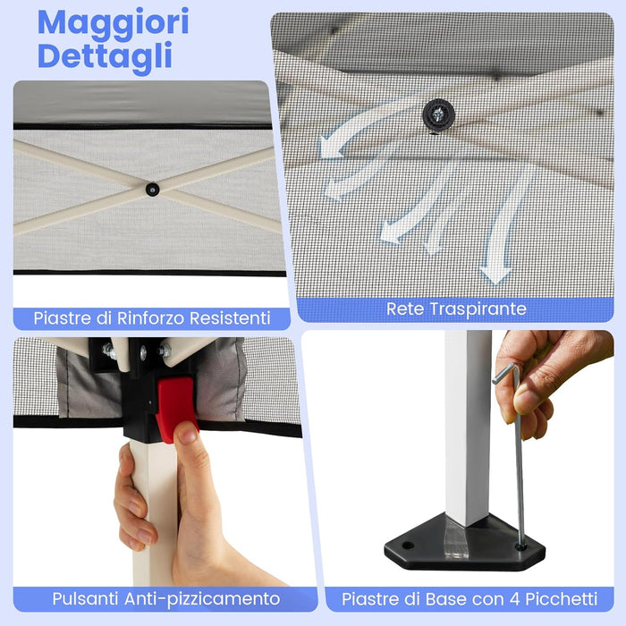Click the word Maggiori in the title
(x=114, y=23)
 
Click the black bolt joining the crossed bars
(x=153, y=189)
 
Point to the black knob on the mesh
(x=438, y=113)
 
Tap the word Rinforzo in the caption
(x=149, y=317)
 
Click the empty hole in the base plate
(x=407, y=544)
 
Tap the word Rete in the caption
(x=405, y=309)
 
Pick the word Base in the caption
(x=448, y=598)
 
